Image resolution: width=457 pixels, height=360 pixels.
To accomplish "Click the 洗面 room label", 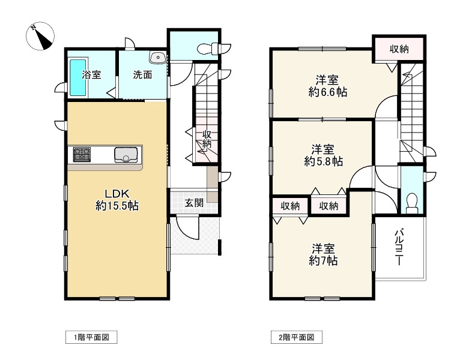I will click(142, 75).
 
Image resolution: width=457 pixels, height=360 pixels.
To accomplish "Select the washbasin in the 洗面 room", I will click(159, 58).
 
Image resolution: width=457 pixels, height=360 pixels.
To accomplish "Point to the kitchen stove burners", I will click(81, 155).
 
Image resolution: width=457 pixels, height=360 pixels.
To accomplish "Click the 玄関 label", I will click(193, 203).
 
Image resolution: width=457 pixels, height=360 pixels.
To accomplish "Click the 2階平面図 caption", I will click(297, 337).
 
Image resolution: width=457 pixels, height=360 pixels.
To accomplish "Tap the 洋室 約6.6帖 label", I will click(328, 86).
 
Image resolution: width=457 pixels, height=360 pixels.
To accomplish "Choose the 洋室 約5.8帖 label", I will click(323, 155).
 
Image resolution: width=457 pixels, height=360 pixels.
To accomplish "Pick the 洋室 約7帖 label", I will click(323, 254).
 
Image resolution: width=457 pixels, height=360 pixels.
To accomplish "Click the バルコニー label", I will click(399, 247).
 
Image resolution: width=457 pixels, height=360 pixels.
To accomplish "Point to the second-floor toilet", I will click(411, 202).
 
